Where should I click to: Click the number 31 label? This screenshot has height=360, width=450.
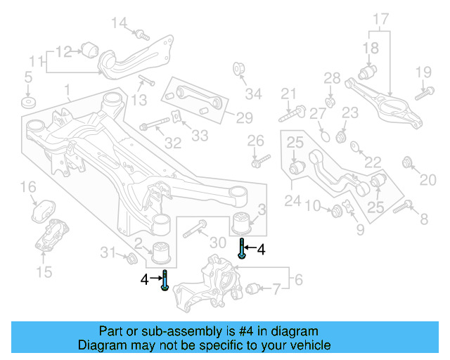[107, 252]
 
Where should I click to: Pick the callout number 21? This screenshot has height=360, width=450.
[289, 94]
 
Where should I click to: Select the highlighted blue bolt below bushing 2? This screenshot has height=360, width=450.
[164, 279]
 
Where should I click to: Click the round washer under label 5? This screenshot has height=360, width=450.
[28, 103]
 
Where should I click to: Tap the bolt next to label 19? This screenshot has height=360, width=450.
[422, 91]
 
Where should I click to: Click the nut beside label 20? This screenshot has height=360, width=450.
[406, 164]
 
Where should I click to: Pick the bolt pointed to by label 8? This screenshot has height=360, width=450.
[403, 206]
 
